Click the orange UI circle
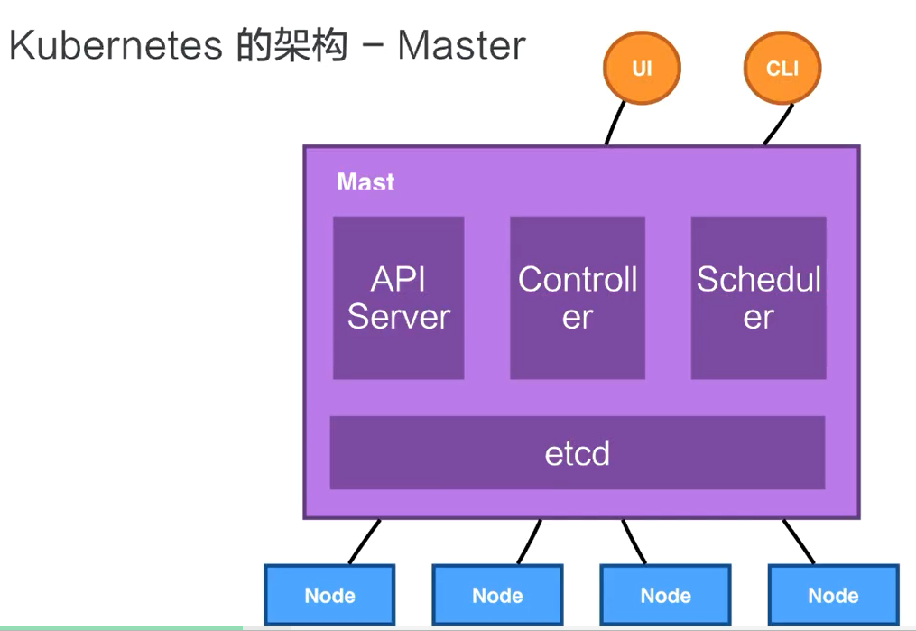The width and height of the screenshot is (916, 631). click(642, 69)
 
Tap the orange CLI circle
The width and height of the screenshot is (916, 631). click(782, 69)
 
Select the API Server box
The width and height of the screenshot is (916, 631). click(398, 298)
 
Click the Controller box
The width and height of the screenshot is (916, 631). click(578, 298)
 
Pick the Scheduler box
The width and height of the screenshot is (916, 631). click(758, 298)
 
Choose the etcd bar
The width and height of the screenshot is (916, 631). click(578, 452)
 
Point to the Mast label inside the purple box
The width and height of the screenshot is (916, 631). click(365, 182)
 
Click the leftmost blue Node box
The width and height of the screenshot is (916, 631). click(329, 596)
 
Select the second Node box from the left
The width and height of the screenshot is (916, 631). click(497, 596)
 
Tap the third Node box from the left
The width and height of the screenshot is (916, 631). click(665, 596)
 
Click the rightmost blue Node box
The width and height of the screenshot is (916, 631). click(833, 596)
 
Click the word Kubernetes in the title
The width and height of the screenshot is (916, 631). click(116, 45)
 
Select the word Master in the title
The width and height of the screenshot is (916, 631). click(461, 45)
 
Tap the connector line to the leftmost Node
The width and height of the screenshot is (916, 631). click(364, 542)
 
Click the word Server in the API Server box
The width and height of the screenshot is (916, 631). click(398, 317)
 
